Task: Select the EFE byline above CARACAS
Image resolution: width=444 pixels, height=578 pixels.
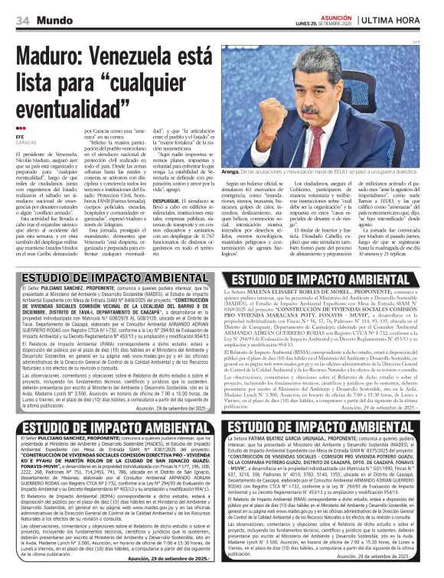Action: [x=21, y=136]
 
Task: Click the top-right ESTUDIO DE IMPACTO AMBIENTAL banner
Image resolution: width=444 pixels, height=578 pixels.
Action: [x=332, y=279]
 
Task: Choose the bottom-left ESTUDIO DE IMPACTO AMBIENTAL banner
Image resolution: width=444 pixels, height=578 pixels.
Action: [x=113, y=425]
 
